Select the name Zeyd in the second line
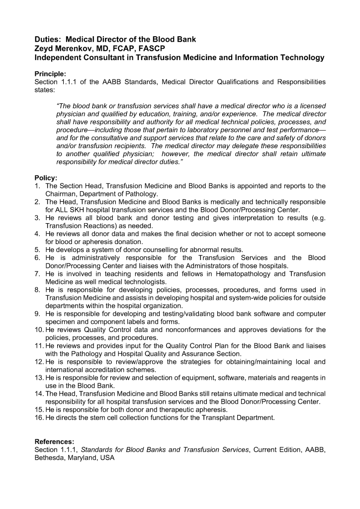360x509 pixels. (x=45, y=48)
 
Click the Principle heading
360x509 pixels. (x=51, y=73)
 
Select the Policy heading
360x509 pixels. (x=46, y=178)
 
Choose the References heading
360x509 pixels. (x=54, y=441)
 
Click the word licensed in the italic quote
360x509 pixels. (x=310, y=106)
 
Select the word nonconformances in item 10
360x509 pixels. (x=197, y=330)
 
